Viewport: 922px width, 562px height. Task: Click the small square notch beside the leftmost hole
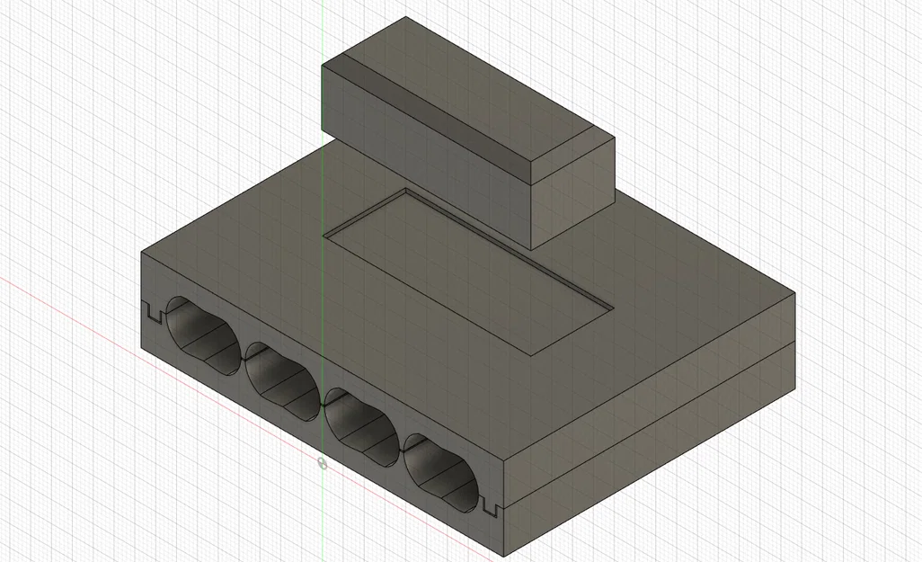click(x=152, y=314)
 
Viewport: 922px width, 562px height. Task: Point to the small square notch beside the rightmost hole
click(x=491, y=508)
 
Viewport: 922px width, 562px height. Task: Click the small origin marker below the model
click(x=322, y=463)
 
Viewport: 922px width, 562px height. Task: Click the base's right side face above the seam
click(x=647, y=378)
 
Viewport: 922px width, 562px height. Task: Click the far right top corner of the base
click(x=794, y=291)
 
